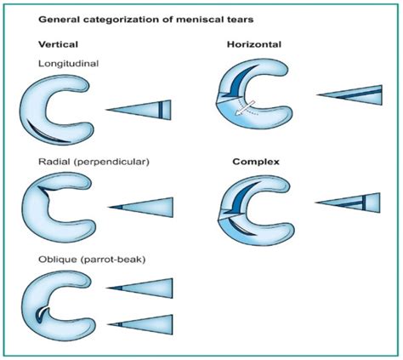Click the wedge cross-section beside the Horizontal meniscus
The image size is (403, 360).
353,94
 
